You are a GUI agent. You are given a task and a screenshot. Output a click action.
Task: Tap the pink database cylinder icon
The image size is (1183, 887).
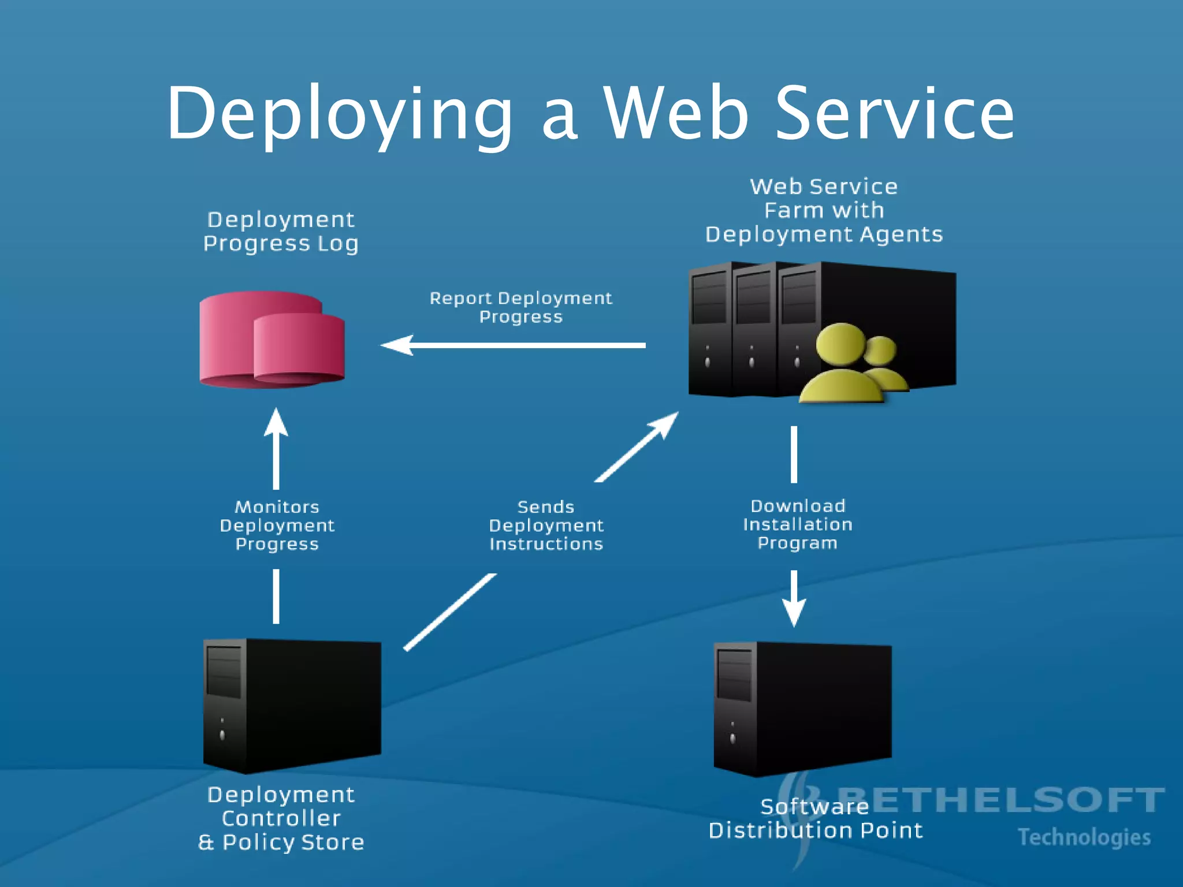pos(271,341)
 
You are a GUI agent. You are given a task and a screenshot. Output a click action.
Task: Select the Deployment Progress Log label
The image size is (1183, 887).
pos(281,232)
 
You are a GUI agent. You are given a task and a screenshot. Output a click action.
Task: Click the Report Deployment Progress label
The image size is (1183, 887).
pos(520,307)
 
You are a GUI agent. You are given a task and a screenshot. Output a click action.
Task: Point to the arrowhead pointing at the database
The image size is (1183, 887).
pos(397,345)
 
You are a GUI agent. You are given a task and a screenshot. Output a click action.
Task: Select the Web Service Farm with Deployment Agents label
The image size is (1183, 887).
pos(824,211)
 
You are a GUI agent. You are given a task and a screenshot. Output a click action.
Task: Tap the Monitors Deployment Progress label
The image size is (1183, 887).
pos(277,526)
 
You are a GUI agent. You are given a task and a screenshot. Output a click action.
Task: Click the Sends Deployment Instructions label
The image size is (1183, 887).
pos(546,526)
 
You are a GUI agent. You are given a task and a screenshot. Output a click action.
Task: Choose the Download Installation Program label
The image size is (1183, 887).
pos(797,524)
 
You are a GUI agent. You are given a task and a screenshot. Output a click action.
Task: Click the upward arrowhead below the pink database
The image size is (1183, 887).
pos(276,423)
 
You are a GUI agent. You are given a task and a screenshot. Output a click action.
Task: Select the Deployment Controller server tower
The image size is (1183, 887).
pos(292,705)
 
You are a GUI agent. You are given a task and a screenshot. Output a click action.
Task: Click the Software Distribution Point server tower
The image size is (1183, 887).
pos(803,708)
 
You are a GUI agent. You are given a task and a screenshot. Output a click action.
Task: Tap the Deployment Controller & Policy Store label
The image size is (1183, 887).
pos(281,818)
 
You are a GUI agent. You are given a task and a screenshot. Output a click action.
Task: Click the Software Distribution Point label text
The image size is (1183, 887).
pos(815,819)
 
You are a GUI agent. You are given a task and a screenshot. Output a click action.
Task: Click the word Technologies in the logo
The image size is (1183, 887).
pos(1084,837)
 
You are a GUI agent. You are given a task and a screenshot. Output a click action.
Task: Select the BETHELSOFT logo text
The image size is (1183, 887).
pos(999,800)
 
